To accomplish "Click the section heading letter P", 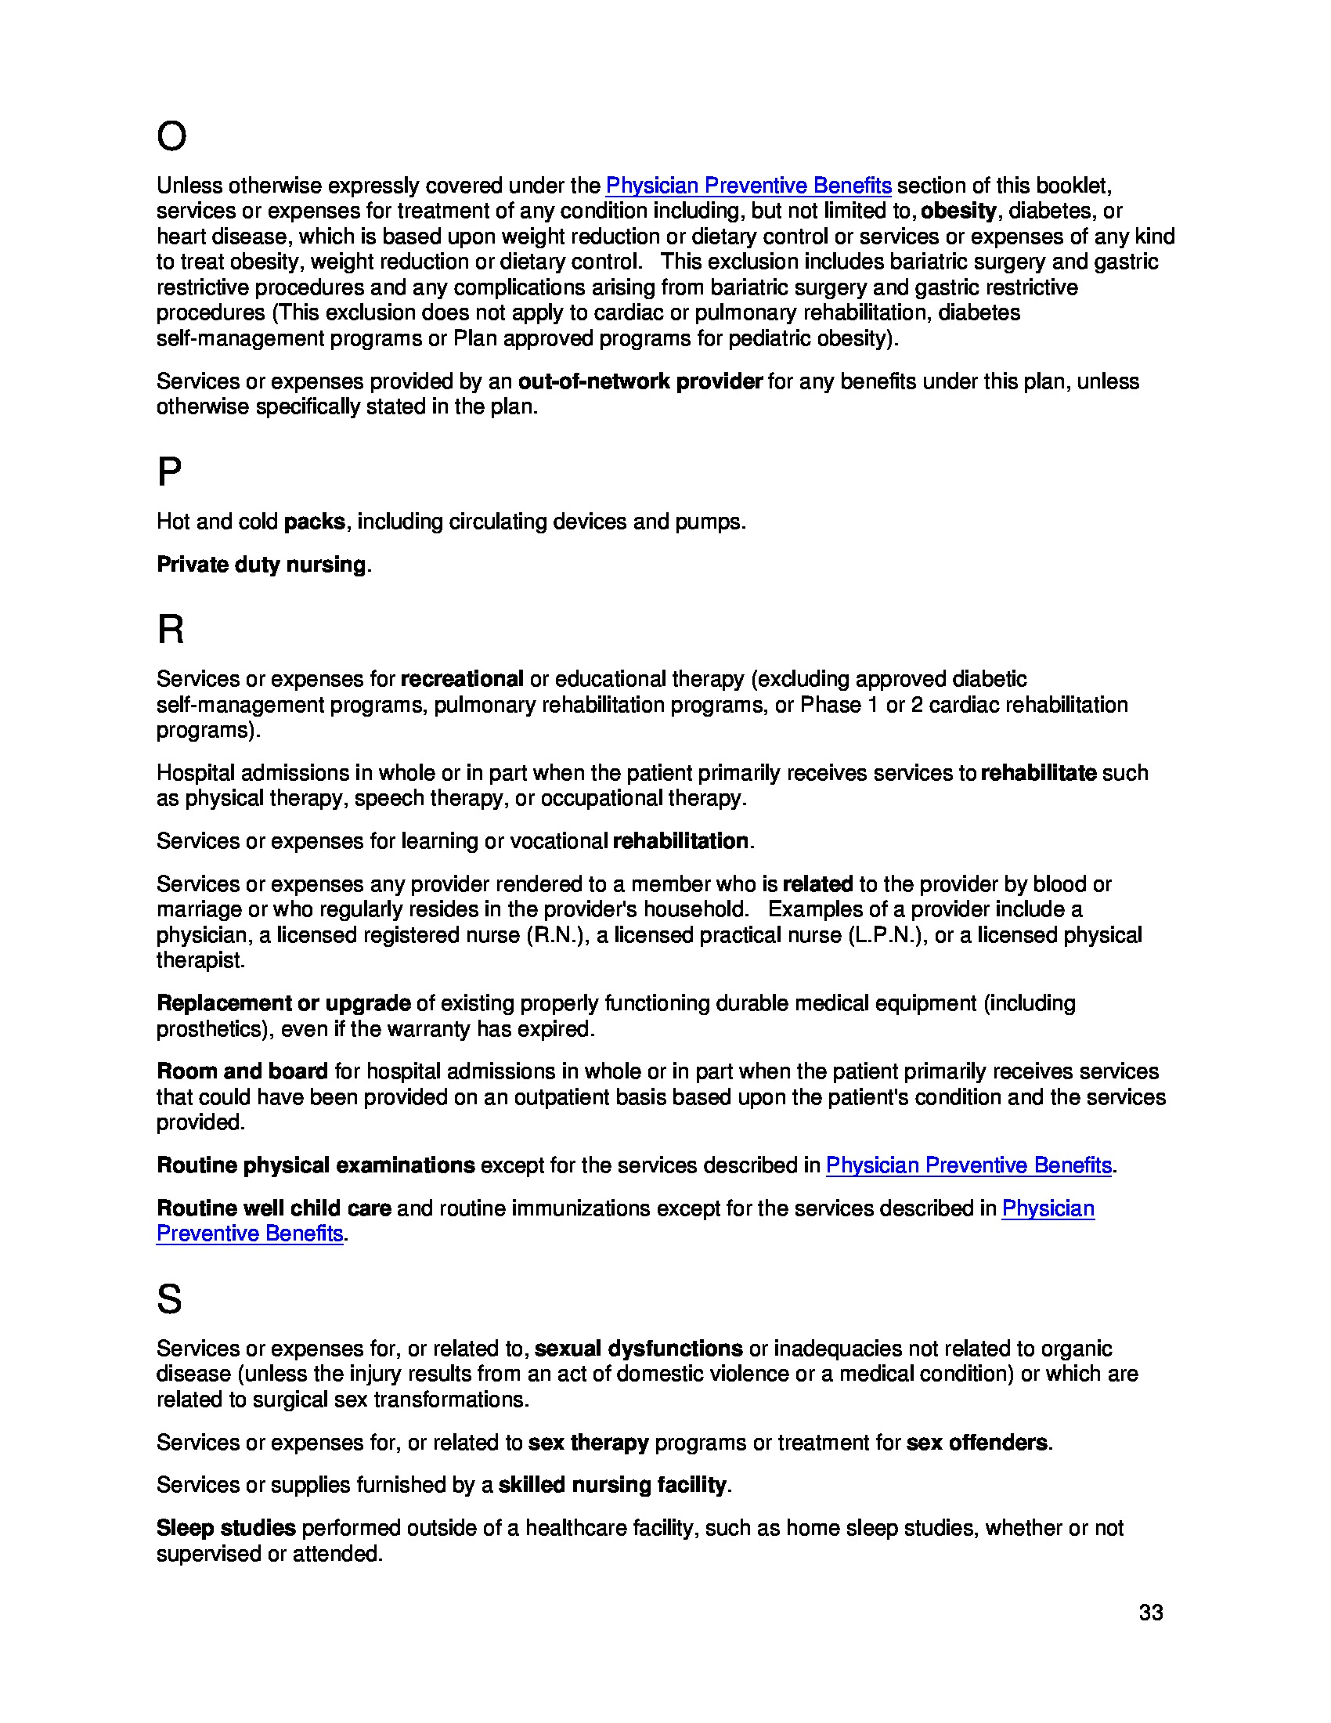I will (169, 471).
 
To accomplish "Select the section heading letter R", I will (171, 630).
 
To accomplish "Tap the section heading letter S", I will (169, 1299).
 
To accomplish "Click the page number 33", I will (1150, 1613).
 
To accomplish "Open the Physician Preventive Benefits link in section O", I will (748, 186).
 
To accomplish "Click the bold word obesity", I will (958, 211).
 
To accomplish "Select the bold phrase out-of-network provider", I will (640, 381).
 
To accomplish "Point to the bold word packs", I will (314, 522).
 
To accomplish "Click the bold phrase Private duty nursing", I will (261, 564).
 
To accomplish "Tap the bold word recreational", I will (461, 678).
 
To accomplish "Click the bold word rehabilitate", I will (1037, 772).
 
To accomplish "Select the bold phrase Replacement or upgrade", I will (283, 1002).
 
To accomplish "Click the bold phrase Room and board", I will (242, 1071).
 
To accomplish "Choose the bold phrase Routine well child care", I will (273, 1208).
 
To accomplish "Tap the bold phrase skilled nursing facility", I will (612, 1485).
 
